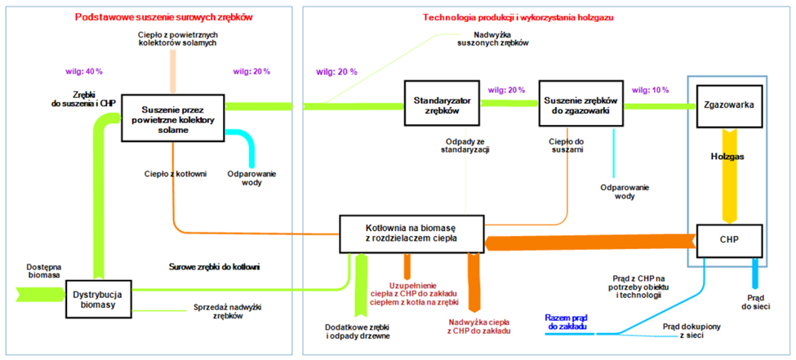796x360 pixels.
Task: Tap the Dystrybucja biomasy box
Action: [x=98, y=298]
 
